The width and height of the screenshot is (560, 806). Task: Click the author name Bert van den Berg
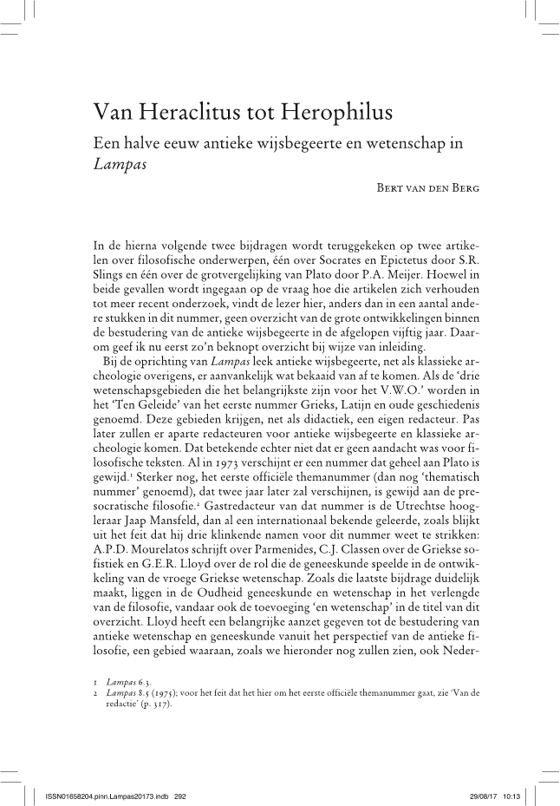tap(418, 187)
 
